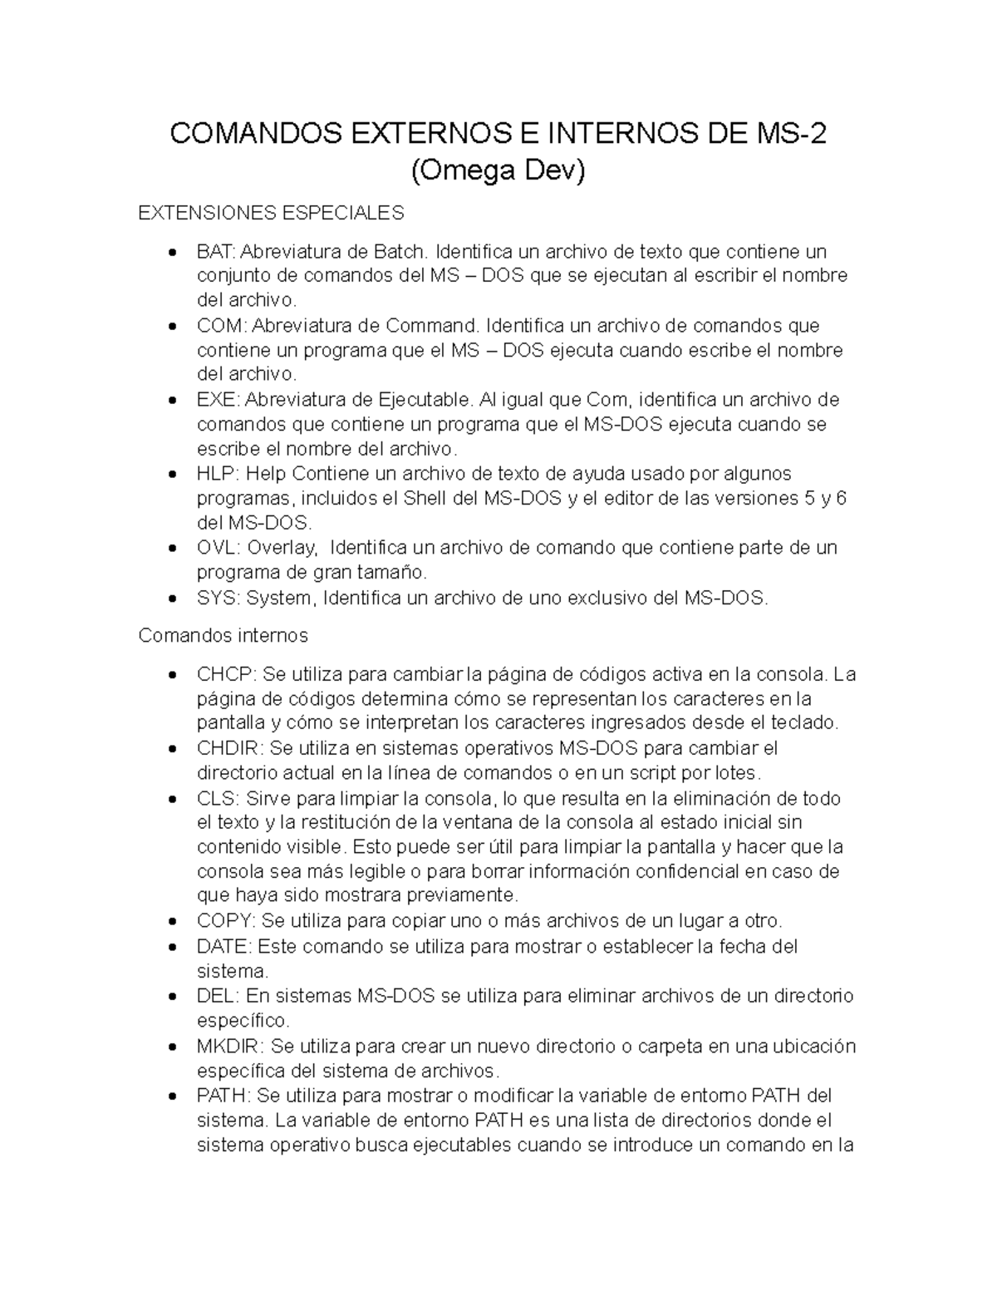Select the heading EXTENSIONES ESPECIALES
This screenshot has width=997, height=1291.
coord(271,213)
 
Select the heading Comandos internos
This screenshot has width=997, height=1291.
coord(223,635)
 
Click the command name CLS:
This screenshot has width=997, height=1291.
coord(218,798)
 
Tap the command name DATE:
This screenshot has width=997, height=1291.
coord(224,946)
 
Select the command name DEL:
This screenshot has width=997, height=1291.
coord(219,996)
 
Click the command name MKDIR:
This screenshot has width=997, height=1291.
coord(231,1046)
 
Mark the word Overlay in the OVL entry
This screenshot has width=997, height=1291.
coord(282,548)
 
